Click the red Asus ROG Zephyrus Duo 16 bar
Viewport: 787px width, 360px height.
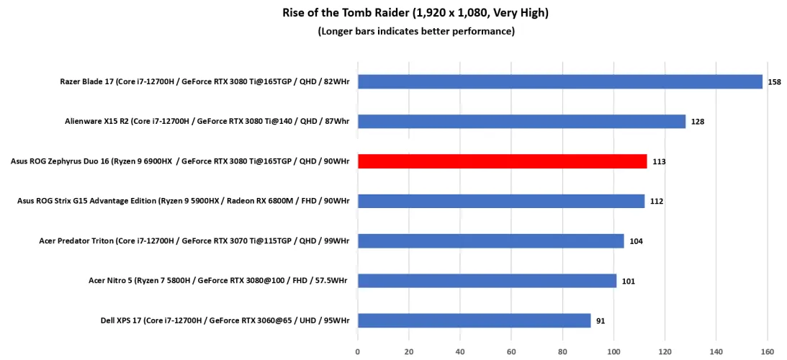[502, 161]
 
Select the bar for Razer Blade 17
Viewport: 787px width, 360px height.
[559, 81]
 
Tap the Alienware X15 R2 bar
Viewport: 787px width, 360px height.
[521, 121]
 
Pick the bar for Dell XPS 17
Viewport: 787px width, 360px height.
[474, 320]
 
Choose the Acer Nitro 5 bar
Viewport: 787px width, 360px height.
[487, 281]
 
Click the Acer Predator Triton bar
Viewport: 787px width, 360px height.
[490, 240]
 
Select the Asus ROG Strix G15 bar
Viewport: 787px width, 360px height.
[500, 201]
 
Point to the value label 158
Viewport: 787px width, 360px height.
[775, 82]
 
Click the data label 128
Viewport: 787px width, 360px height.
[698, 122]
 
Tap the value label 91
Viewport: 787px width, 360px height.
[601, 321]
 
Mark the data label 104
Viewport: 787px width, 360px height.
[636, 241]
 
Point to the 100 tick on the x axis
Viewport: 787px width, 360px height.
[613, 352]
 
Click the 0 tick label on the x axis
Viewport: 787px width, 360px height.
[358, 352]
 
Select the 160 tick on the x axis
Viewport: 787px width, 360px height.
[767, 352]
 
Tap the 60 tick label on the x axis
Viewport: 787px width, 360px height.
[511, 352]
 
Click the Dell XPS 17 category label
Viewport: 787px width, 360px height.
[225, 320]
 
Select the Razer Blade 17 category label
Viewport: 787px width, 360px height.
[204, 81]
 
